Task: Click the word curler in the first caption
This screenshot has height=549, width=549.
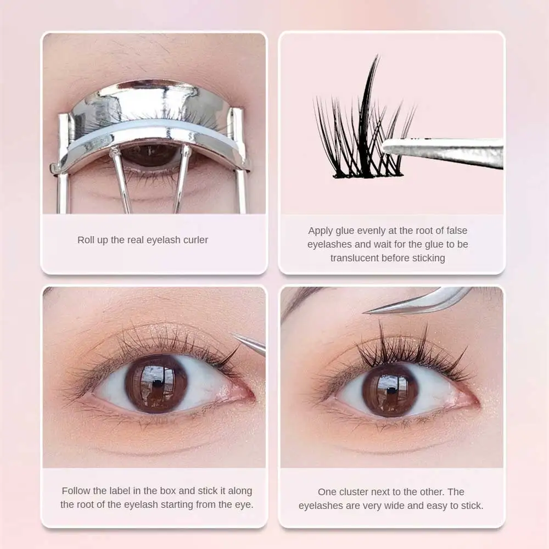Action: coord(194,240)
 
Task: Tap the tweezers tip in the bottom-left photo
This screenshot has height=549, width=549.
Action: coord(234,335)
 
